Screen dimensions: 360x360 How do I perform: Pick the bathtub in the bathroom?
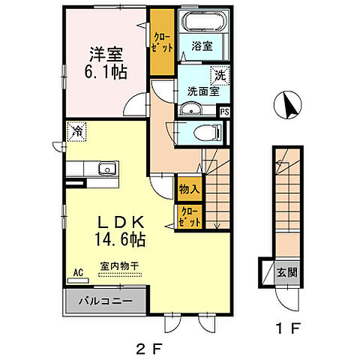click(200, 19)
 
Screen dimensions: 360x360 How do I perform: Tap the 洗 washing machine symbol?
click(220, 76)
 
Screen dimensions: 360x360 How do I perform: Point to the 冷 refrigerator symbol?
click(78, 131)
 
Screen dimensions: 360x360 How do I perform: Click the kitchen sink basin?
click(106, 169)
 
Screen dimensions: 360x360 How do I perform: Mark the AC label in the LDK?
click(78, 274)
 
